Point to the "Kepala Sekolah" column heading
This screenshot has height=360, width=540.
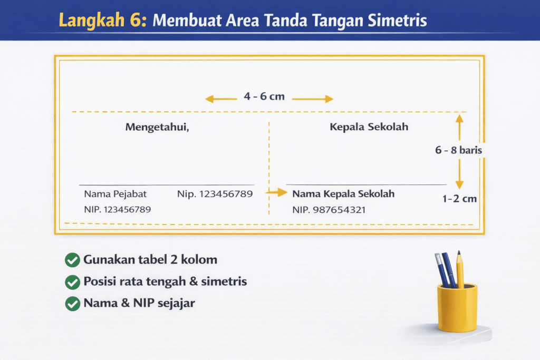[369, 127]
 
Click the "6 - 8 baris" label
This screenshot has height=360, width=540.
[458, 150]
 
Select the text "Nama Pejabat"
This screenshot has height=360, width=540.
[115, 194]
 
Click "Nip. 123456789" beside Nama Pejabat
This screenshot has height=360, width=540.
[215, 194]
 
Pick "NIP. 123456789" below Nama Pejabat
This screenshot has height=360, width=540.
[117, 209]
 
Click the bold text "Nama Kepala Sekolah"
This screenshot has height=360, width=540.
[343, 194]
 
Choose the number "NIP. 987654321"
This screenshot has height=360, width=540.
[329, 210]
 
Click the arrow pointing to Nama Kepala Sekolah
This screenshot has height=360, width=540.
[276, 193]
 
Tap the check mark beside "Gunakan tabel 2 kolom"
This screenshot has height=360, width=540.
[72, 260]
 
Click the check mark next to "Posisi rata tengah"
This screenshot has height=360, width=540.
[72, 282]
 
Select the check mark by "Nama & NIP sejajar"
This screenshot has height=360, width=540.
[72, 304]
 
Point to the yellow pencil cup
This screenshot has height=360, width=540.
[457, 308]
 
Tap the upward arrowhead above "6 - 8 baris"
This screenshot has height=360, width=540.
[459, 120]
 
